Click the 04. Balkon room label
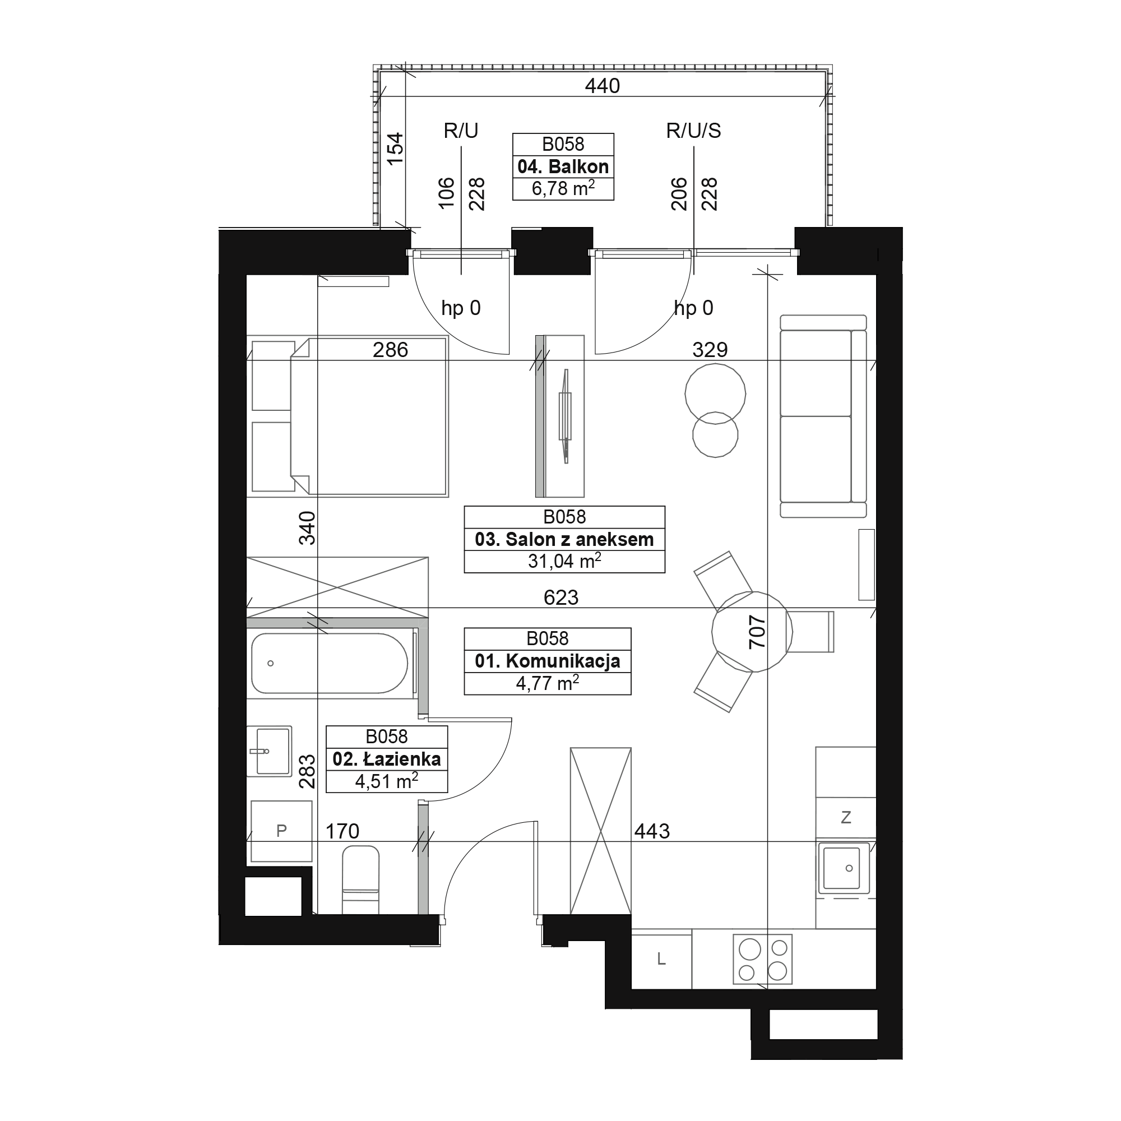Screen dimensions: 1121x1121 (563, 167)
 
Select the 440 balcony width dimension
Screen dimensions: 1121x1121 (603, 86)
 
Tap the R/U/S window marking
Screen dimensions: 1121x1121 (693, 131)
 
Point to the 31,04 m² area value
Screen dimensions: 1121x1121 (564, 560)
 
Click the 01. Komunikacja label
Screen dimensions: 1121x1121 (547, 661)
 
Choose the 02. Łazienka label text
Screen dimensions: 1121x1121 (386, 759)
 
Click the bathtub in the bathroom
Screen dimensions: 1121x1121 (330, 663)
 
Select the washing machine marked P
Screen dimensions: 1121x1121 (281, 831)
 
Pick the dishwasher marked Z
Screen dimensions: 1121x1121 (845, 818)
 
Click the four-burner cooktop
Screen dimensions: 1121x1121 (762, 959)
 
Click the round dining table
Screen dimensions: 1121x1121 (752, 631)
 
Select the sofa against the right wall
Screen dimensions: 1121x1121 (823, 416)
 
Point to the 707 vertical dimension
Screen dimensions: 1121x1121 (757, 632)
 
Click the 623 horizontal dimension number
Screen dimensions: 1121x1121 (561, 597)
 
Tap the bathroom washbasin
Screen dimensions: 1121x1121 (269, 751)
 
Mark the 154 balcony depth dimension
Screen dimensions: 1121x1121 (395, 149)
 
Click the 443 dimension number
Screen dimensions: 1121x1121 (652, 831)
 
